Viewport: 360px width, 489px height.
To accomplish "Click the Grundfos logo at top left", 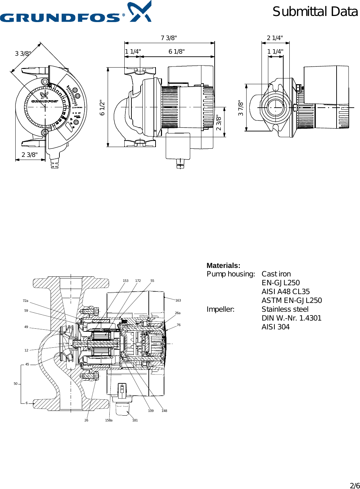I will click(x=75, y=14).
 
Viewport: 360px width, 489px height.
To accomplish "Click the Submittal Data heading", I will click(x=315, y=12).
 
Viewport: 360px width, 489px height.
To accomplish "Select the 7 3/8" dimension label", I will click(x=169, y=38).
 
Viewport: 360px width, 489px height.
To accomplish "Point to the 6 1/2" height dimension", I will click(x=102, y=107).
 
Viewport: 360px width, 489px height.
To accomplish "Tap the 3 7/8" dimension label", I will click(x=241, y=108).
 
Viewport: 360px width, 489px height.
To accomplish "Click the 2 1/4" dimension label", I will click(x=275, y=38).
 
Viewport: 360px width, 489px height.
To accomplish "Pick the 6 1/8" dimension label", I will click(x=177, y=52).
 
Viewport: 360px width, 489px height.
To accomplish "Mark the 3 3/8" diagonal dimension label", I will click(x=23, y=54).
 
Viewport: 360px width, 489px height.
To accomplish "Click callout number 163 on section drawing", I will click(x=178, y=301).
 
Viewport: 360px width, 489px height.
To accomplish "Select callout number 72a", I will click(x=25, y=301).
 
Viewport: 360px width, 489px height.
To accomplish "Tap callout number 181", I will click(x=135, y=420).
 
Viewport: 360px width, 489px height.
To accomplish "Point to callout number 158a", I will click(x=109, y=420).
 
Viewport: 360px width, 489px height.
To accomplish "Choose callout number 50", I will click(x=16, y=384).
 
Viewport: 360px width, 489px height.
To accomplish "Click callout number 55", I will click(x=152, y=281).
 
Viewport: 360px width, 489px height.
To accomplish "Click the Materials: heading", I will click(x=223, y=266).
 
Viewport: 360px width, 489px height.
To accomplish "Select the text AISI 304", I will click(x=275, y=327).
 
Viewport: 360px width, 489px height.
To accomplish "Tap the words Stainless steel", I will click(x=285, y=309).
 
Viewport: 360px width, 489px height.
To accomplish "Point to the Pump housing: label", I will click(x=231, y=274).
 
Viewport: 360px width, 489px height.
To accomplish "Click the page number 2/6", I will click(x=355, y=486).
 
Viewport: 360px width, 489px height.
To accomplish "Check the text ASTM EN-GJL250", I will click(x=291, y=301).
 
